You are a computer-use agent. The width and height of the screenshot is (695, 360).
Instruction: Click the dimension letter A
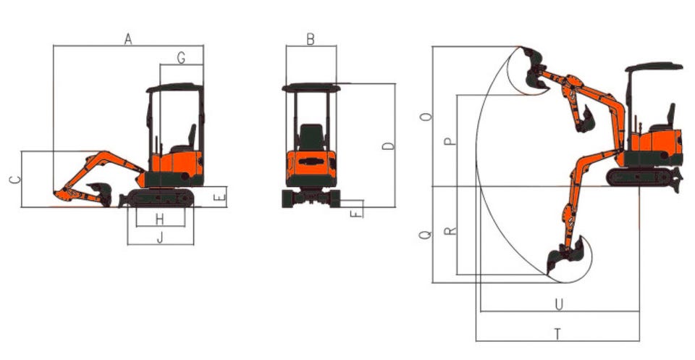(x=128, y=39)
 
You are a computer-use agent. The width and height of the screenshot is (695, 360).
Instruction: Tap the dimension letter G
(x=181, y=58)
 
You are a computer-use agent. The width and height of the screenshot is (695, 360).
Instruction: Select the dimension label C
(x=15, y=180)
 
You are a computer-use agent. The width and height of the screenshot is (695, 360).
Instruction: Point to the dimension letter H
(x=160, y=219)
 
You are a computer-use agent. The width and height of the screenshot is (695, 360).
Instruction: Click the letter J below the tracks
(x=161, y=238)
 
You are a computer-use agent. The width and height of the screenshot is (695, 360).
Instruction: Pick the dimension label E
(x=220, y=197)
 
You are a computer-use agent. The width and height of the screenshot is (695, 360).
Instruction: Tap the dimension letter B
(x=311, y=39)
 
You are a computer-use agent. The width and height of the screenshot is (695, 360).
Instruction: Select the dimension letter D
(x=388, y=146)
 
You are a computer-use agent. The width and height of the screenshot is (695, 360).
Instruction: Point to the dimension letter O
(x=426, y=117)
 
